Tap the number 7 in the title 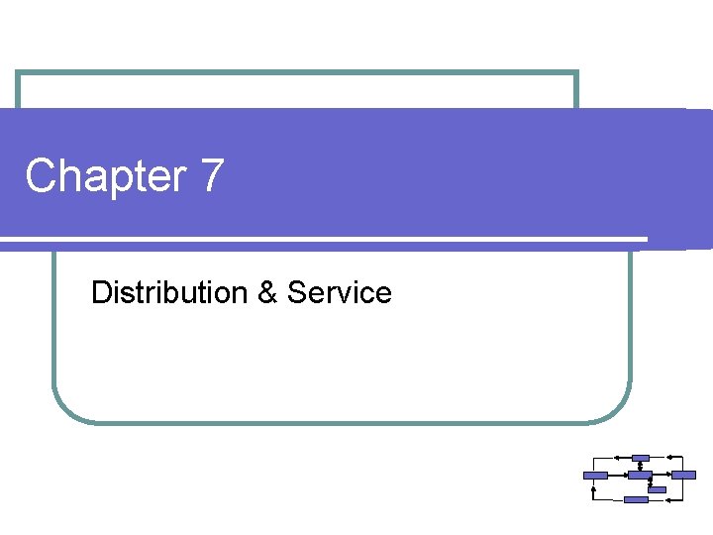click(x=212, y=176)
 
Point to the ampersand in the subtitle click(x=266, y=292)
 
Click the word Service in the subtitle click(x=340, y=292)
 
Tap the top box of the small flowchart click(x=641, y=458)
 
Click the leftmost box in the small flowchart click(x=595, y=476)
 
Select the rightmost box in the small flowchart click(x=684, y=476)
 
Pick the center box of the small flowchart click(x=640, y=476)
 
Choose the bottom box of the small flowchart click(x=636, y=499)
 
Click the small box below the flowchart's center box click(x=657, y=488)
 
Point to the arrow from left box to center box click(x=617, y=476)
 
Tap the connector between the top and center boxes click(x=641, y=467)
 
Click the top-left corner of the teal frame click(x=18, y=73)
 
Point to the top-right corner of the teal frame click(x=576, y=73)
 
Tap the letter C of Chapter click(x=41, y=177)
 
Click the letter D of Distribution click(x=100, y=292)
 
